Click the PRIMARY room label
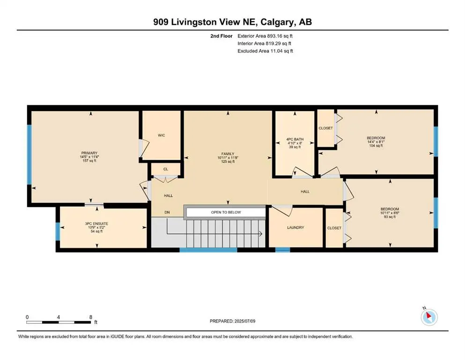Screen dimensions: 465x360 pyautogui.click(x=89, y=153)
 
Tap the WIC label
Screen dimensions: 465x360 pyautogui.click(x=162, y=135)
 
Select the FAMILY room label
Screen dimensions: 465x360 pyautogui.click(x=228, y=154)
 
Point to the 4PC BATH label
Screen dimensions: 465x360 pyautogui.click(x=295, y=139)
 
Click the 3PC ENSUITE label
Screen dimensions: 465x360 pyautogui.click(x=96, y=224)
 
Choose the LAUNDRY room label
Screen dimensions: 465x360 pyautogui.click(x=295, y=228)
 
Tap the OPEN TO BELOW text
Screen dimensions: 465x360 pyautogui.click(x=226, y=212)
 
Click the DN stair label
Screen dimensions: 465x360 pyautogui.click(x=167, y=212)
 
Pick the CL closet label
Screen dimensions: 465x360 pyautogui.click(x=165, y=169)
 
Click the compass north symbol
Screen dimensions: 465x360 pyautogui.click(x=429, y=317)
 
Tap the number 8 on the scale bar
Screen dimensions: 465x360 pyautogui.click(x=91, y=317)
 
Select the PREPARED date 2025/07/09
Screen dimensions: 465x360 pyautogui.click(x=245, y=321)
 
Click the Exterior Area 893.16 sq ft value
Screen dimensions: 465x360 pyautogui.click(x=280, y=36)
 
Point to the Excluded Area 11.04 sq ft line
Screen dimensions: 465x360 pyautogui.click(x=265, y=51)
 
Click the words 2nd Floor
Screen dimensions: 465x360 pyautogui.click(x=221, y=36)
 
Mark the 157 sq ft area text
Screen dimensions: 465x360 pyautogui.click(x=89, y=161)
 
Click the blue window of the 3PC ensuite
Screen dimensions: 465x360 pyautogui.click(x=58, y=231)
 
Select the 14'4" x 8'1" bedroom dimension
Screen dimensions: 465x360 pyautogui.click(x=376, y=142)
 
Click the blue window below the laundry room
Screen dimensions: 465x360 pyautogui.click(x=283, y=250)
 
